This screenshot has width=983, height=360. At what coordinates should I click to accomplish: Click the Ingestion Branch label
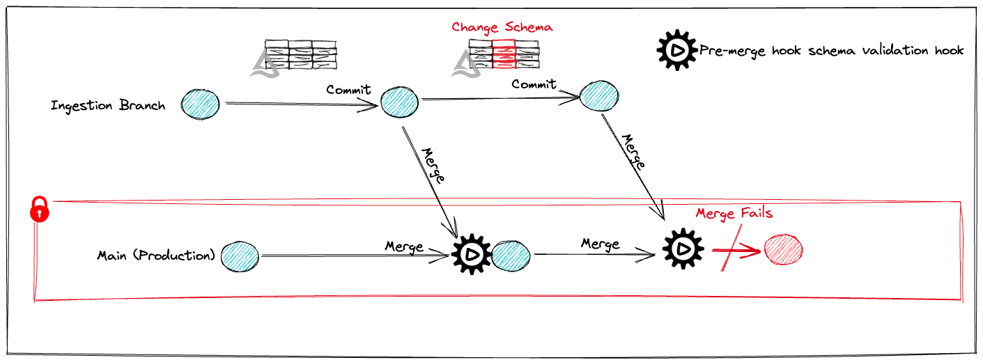(x=108, y=106)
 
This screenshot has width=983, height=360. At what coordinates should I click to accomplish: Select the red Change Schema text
(x=502, y=27)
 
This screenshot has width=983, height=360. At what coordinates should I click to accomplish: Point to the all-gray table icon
(x=300, y=54)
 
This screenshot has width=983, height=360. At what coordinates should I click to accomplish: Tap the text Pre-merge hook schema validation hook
(x=831, y=50)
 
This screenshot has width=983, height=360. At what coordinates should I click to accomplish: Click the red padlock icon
(x=40, y=209)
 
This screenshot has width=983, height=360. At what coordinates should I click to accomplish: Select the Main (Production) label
(x=157, y=255)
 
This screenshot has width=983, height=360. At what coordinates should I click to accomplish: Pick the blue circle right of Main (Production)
(x=240, y=256)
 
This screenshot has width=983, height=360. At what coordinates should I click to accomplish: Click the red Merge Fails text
(x=734, y=213)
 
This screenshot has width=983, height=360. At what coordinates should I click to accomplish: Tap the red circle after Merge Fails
(x=784, y=250)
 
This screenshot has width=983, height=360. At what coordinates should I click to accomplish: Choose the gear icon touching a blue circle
(x=472, y=256)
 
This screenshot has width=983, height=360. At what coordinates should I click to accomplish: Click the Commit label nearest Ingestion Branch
(x=348, y=90)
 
